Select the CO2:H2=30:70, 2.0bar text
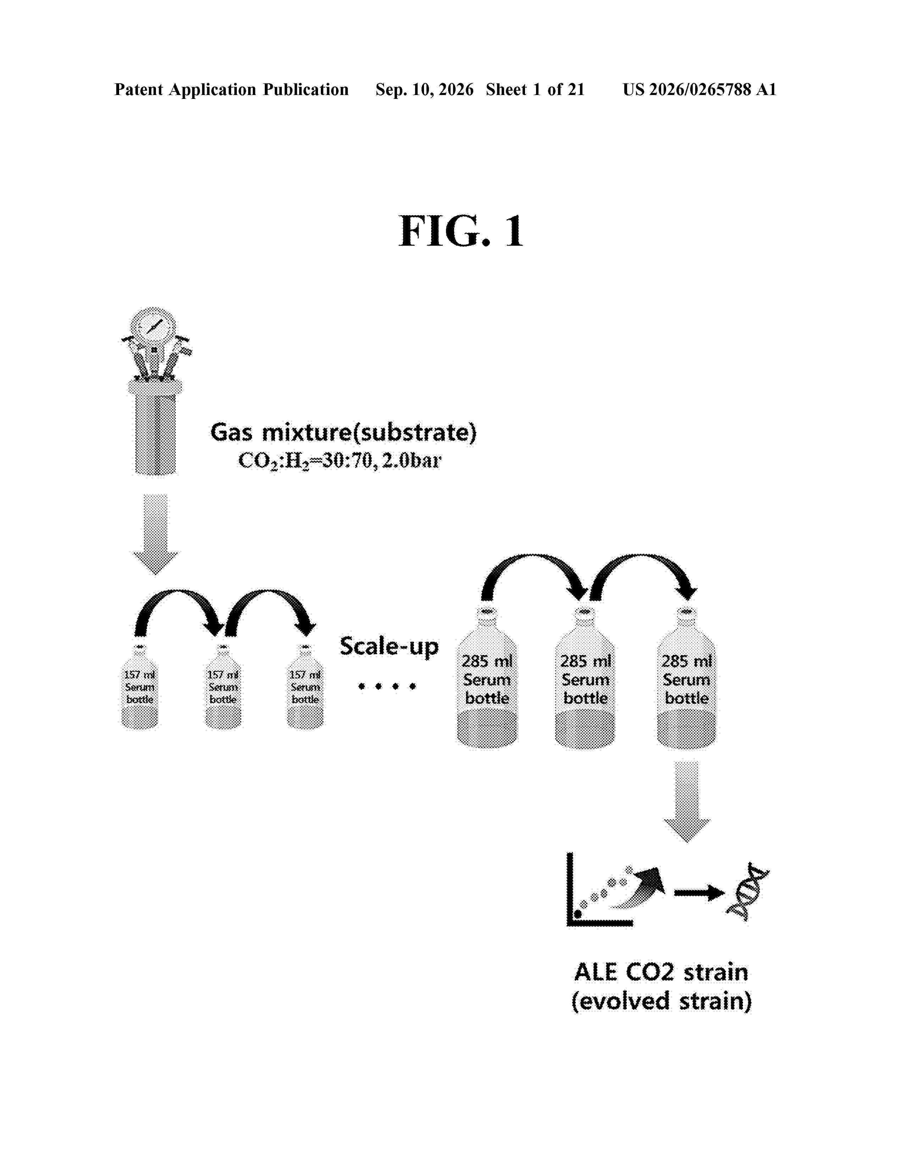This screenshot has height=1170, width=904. pyautogui.click(x=340, y=461)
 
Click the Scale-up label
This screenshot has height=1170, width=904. pyautogui.click(x=389, y=647)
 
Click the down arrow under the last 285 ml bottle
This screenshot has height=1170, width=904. pyautogui.click(x=687, y=801)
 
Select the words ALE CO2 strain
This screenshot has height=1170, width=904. pyautogui.click(x=661, y=972)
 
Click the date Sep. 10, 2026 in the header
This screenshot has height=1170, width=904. pyautogui.click(x=424, y=89)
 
